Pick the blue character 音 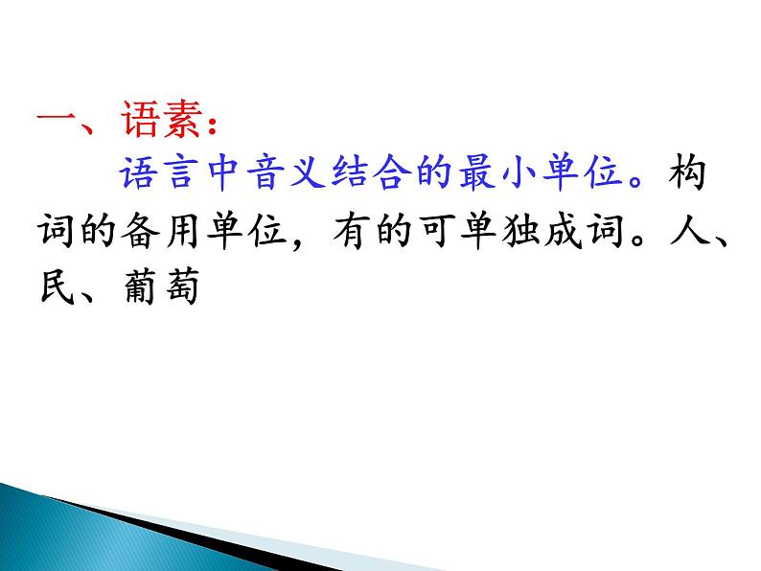pos(265,172)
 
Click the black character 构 pos(688,172)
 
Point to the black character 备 pos(141,231)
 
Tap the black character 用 pos(182,231)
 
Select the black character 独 pos(519,231)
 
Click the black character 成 pos(563,231)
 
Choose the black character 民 pos(57,286)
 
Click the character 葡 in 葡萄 pos(141,286)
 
